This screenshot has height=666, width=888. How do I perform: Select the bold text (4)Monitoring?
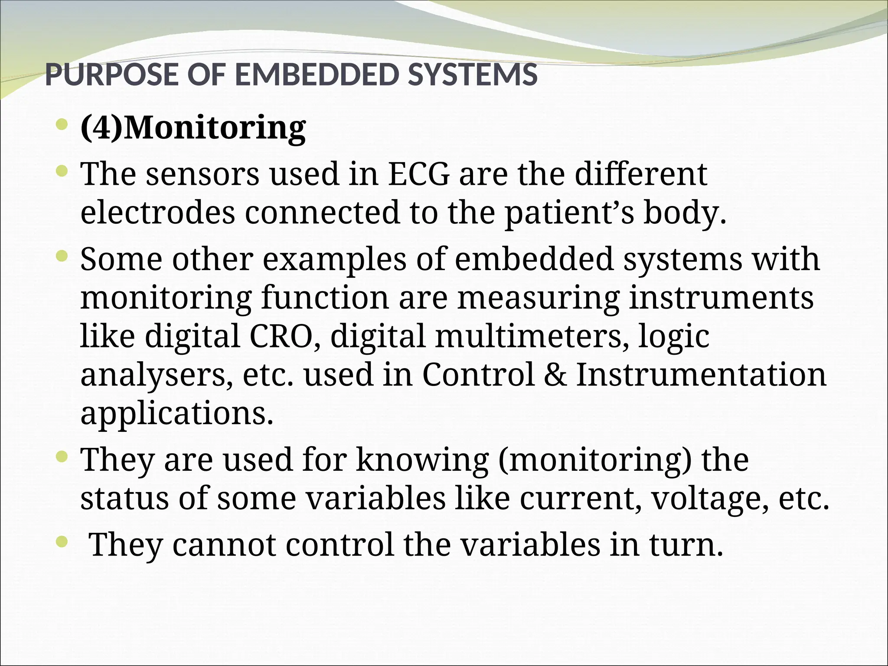tap(193, 128)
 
